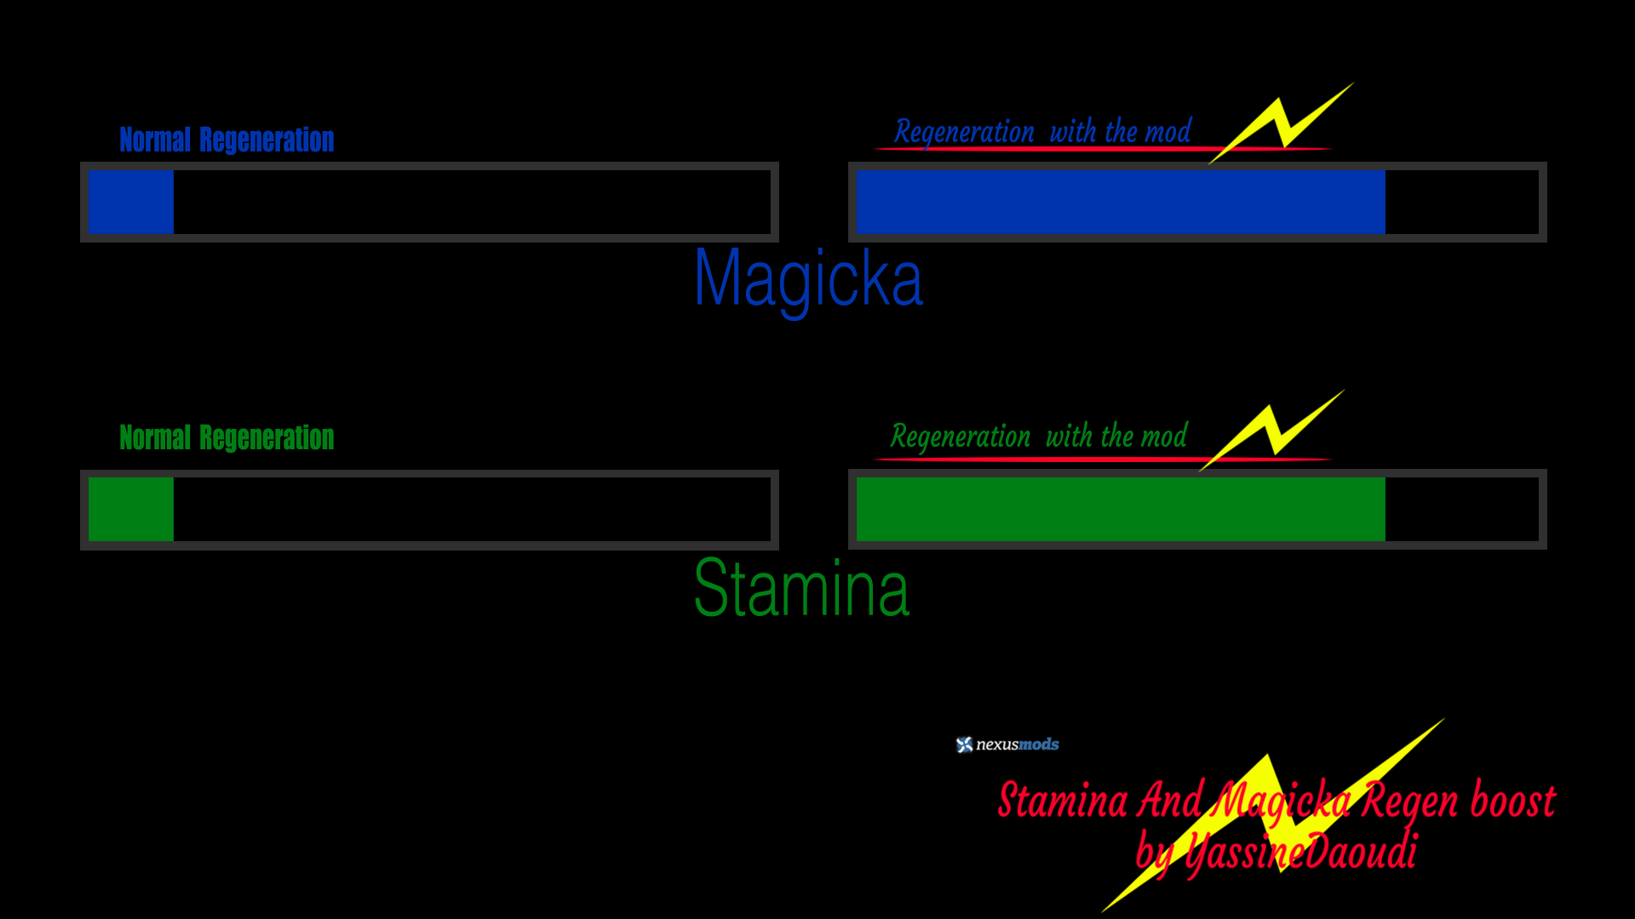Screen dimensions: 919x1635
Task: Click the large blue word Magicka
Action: coord(808,279)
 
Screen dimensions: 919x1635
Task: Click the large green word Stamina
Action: coord(801,588)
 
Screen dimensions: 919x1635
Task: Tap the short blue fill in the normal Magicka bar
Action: coord(131,202)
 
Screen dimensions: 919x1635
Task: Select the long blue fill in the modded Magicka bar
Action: coord(1120,202)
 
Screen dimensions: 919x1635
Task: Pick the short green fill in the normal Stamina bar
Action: coord(131,510)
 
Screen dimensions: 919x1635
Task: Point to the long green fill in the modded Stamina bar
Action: coord(1120,510)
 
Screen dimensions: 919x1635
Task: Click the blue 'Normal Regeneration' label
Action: coord(227,140)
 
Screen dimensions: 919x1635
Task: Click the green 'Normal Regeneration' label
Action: coord(227,437)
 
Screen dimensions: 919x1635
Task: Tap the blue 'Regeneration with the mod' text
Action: coord(1042,132)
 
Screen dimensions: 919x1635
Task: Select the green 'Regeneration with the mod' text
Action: coord(1038,437)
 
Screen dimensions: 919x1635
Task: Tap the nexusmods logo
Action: coord(1007,745)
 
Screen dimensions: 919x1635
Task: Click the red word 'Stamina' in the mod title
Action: coord(1063,802)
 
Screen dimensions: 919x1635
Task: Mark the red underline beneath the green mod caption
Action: coord(1039,459)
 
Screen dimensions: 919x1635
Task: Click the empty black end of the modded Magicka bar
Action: coord(1461,202)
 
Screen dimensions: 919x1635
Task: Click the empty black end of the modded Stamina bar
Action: coord(1461,510)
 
